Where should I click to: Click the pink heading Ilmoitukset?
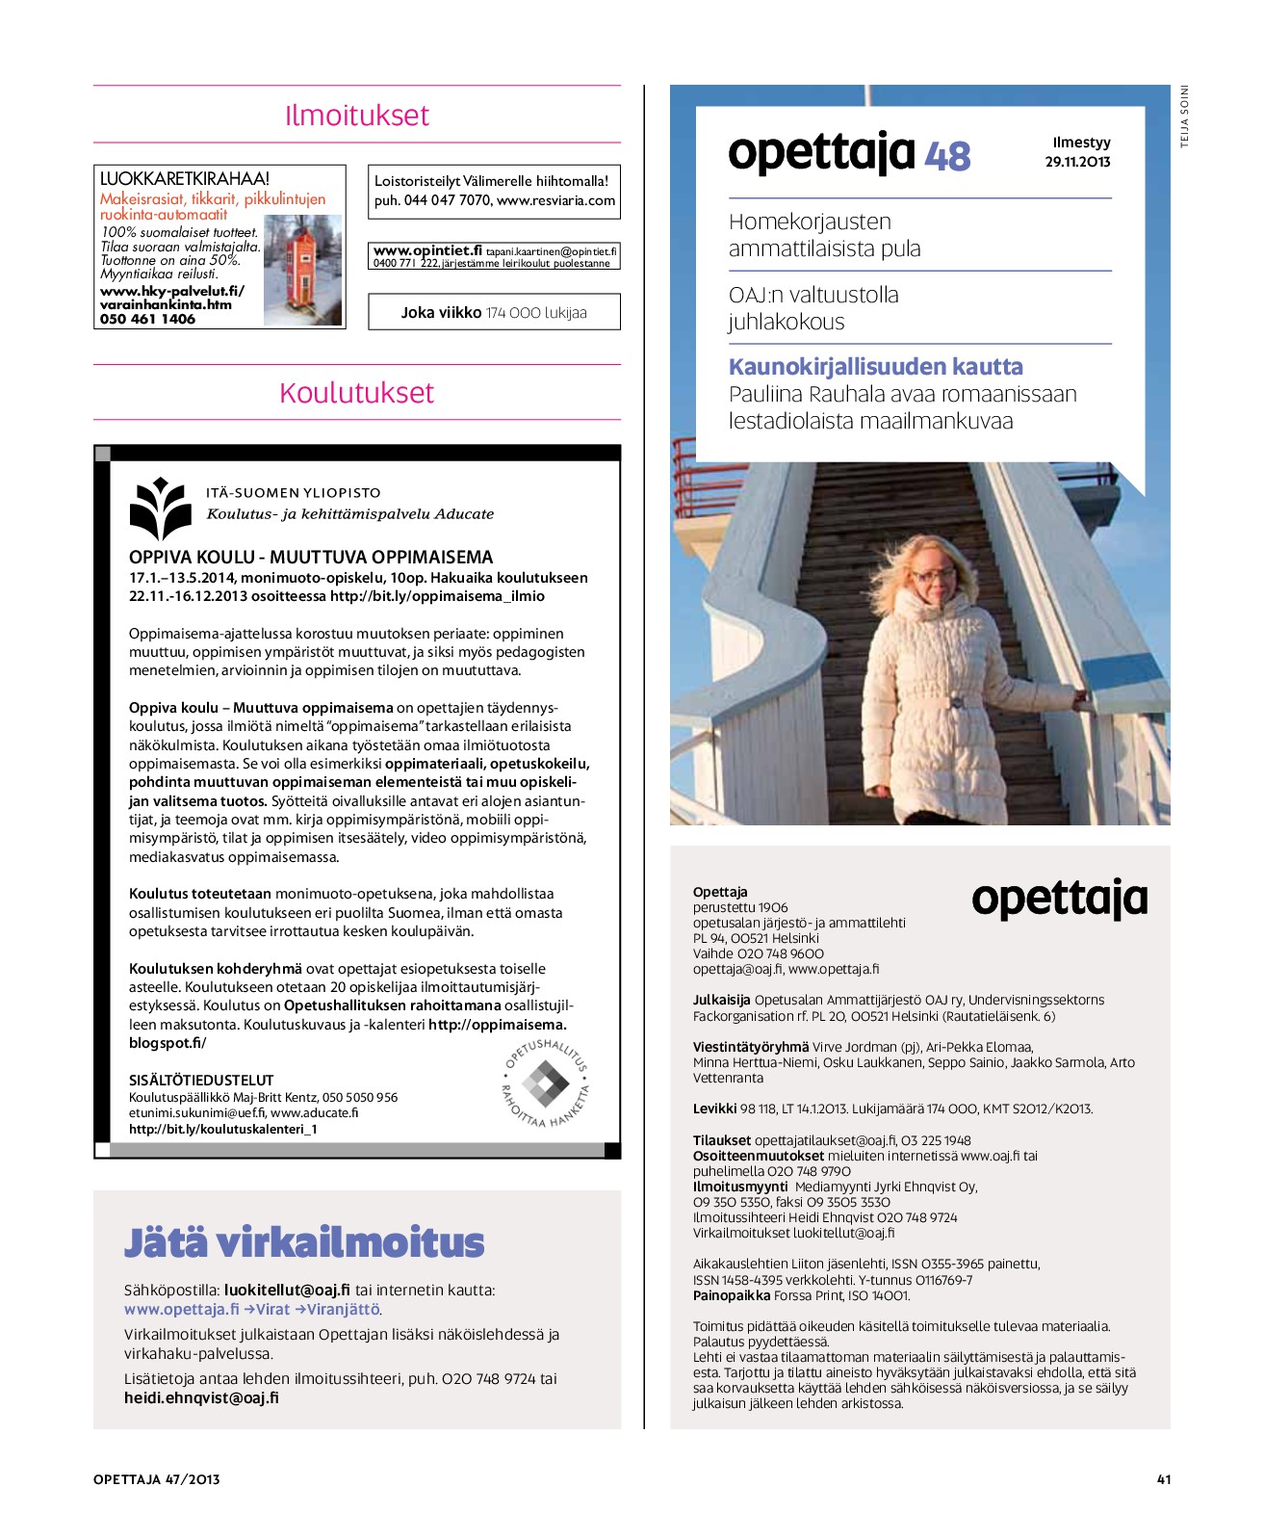[x=356, y=116]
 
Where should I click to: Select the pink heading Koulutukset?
[x=356, y=393]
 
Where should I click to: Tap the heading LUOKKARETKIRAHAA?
[x=185, y=178]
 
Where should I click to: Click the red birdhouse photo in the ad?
[x=302, y=270]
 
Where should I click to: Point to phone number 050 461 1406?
[x=147, y=319]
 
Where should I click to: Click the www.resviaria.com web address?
[x=555, y=200]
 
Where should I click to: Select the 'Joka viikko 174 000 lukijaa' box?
[x=494, y=312]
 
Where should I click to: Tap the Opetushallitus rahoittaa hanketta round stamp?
[x=546, y=1083]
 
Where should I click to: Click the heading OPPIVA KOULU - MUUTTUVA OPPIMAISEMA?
[x=311, y=557]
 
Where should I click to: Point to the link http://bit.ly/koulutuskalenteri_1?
[x=223, y=1129]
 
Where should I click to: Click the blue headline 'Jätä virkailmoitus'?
[x=304, y=1242]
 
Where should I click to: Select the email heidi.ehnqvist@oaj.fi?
[x=201, y=1397]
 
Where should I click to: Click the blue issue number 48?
[x=947, y=156]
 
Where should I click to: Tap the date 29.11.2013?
[x=1077, y=162]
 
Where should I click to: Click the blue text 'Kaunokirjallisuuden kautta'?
[x=875, y=367]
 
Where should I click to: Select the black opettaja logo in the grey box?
[x=1059, y=900]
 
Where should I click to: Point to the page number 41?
[x=1163, y=1479]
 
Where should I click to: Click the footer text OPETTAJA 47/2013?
[x=156, y=1479]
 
